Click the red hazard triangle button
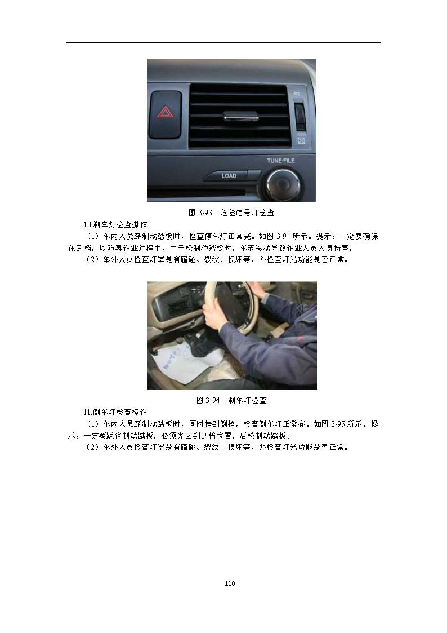point(166,114)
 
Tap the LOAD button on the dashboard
point(228,176)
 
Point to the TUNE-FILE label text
point(280,161)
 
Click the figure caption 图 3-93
point(200,213)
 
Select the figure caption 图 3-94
point(208,400)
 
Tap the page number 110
point(230,583)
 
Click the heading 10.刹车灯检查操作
point(115,224)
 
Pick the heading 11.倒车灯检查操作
point(115,412)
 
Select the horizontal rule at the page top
point(223,42)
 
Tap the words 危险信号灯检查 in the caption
point(247,213)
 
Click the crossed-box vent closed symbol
point(301,140)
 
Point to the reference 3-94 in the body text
point(283,237)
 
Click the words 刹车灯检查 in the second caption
point(247,400)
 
